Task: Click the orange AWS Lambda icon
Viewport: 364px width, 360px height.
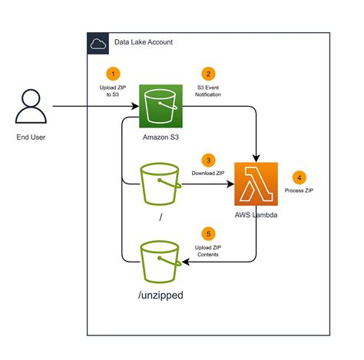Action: [255, 183]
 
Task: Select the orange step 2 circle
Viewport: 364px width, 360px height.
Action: [207, 74]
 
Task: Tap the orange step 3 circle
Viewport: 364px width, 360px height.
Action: [207, 160]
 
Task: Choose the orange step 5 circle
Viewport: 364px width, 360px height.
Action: [207, 233]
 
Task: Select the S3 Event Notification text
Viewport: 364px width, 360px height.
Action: [207, 93]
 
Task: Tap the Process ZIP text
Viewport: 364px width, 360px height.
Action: [300, 189]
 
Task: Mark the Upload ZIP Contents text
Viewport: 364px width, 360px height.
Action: [207, 251]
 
